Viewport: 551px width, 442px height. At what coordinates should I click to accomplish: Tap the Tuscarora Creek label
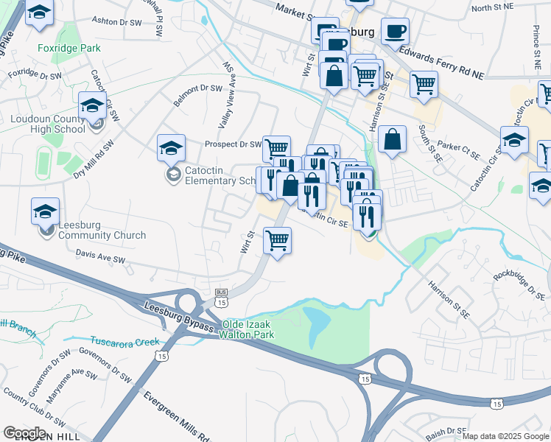click(x=124, y=341)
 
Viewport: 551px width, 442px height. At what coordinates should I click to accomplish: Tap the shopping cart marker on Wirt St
click(x=278, y=240)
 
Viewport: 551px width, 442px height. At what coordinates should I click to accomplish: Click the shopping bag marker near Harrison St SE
click(x=393, y=139)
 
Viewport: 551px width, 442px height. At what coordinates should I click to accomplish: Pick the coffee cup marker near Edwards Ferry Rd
click(x=396, y=32)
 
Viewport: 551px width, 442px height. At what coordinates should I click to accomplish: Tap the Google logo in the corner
click(x=24, y=433)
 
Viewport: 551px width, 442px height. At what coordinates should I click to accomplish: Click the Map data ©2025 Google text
click(x=505, y=436)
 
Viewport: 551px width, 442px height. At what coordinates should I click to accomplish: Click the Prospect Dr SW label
click(x=233, y=144)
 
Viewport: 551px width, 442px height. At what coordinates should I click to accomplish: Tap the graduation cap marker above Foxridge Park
click(x=40, y=12)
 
